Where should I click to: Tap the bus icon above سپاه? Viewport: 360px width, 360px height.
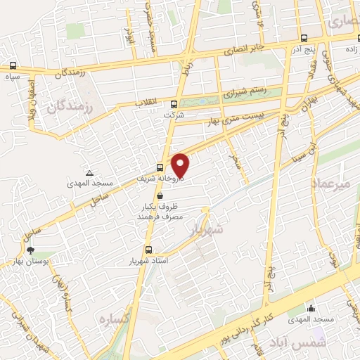click(11, 67)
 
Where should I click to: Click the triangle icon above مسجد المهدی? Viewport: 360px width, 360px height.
click(89, 173)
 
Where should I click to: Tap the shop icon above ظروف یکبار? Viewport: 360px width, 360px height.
click(162, 196)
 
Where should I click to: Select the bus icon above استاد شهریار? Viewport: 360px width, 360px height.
click(148, 250)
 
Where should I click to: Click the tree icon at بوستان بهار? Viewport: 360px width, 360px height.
click(30, 250)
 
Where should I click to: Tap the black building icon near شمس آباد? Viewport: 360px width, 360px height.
click(311, 308)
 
